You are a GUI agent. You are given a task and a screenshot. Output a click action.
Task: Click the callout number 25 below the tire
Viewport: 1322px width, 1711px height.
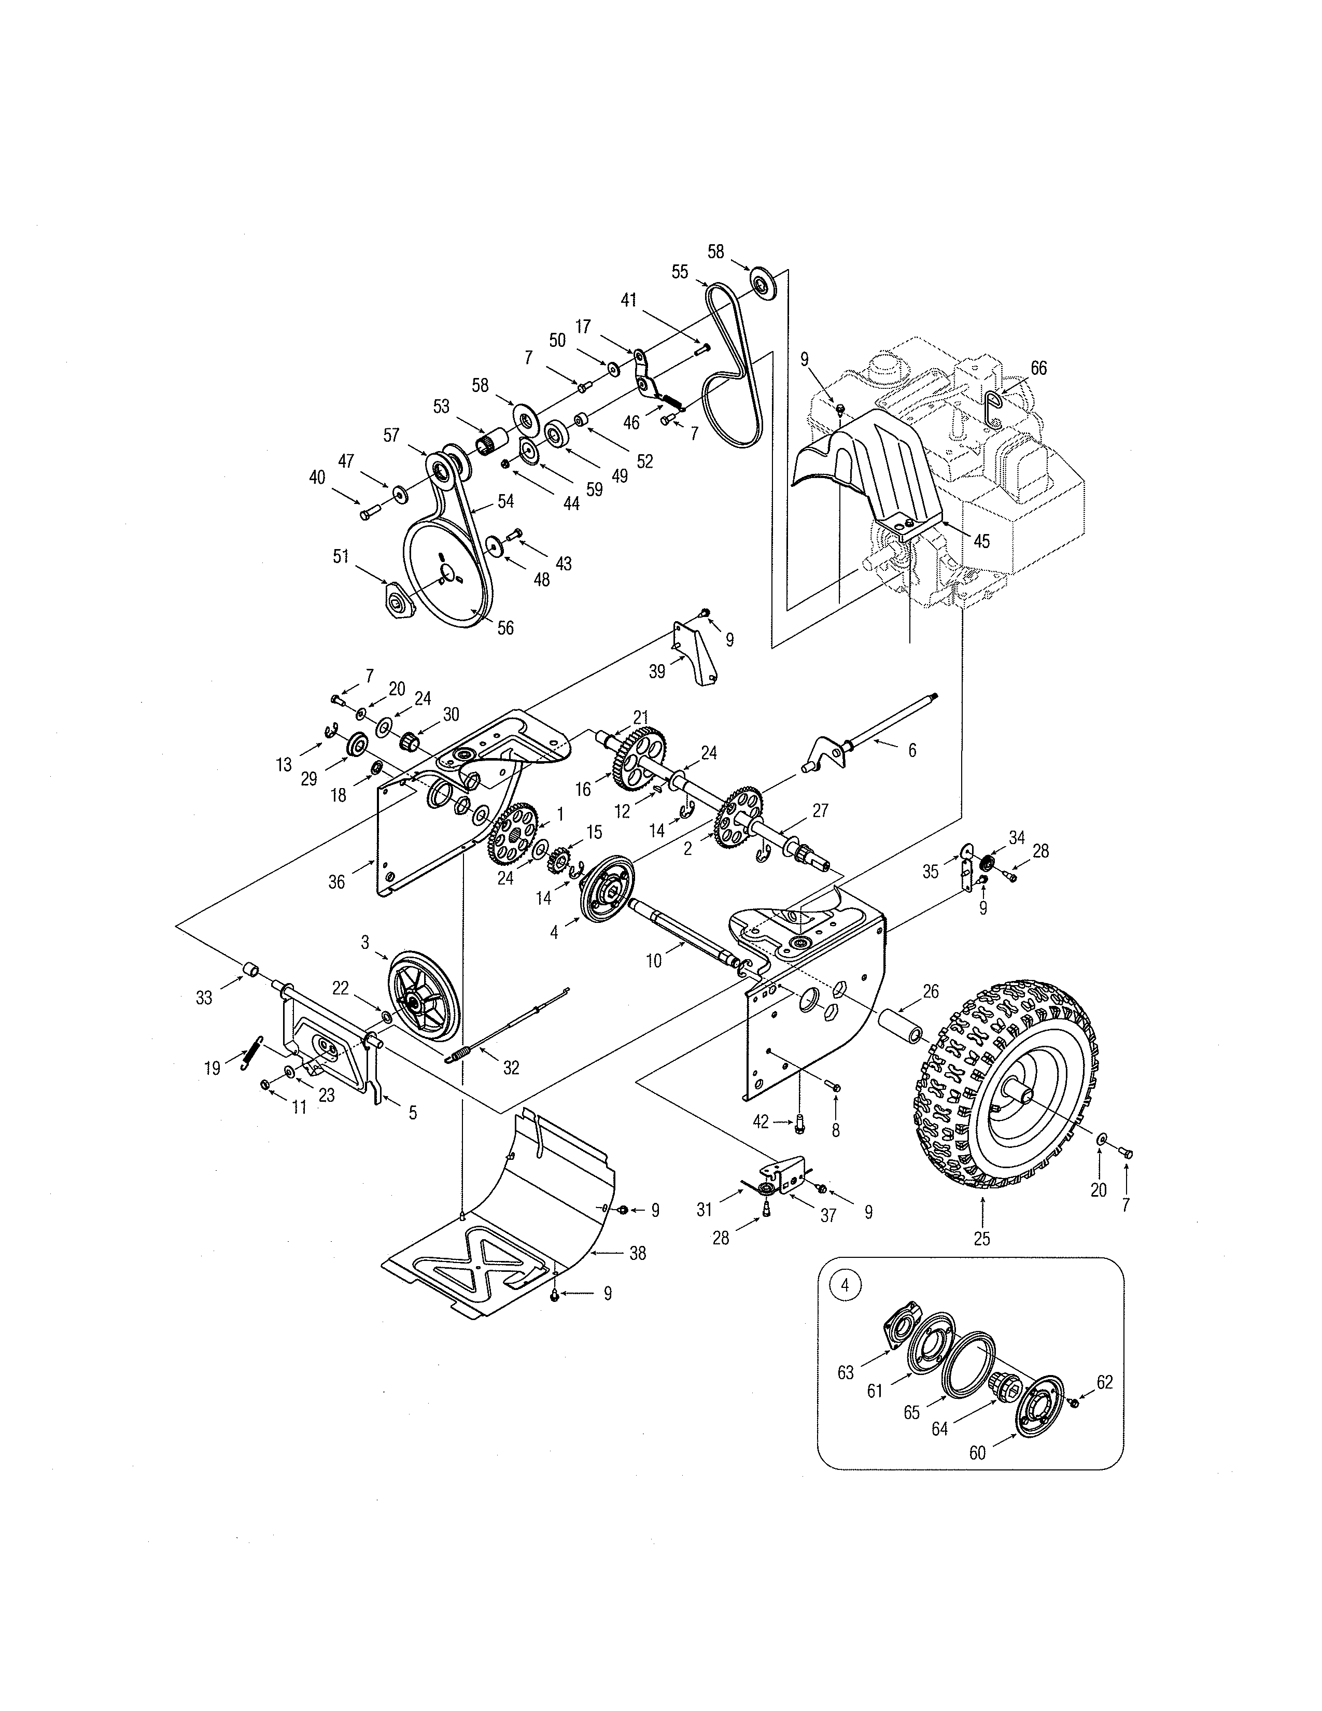(x=981, y=1239)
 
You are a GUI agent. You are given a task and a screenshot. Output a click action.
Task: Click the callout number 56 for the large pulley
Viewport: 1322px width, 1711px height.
(x=505, y=627)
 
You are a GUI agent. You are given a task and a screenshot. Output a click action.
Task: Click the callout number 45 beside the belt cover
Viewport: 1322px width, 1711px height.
(x=980, y=541)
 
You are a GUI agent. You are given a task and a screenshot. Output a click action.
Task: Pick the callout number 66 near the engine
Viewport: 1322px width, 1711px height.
(x=1038, y=368)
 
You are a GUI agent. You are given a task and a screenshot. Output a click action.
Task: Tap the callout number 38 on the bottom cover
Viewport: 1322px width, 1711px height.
(x=638, y=1254)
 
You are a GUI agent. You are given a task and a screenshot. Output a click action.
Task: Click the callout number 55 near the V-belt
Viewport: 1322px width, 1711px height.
(x=679, y=272)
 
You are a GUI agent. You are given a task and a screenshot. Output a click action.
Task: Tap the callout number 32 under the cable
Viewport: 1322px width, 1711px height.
(x=511, y=1068)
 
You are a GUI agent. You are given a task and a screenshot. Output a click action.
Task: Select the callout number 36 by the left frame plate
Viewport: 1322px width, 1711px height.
(x=336, y=881)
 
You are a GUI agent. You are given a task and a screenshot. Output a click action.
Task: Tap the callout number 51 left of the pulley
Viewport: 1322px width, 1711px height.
(x=341, y=556)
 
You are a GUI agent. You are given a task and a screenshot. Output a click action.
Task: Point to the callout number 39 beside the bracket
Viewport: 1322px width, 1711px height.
(x=657, y=671)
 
